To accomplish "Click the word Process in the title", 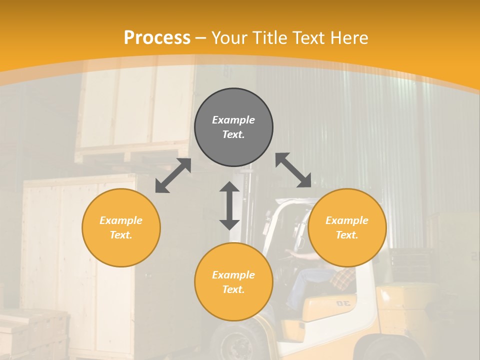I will (157, 38).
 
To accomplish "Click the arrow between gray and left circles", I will (173, 175).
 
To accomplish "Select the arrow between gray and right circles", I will (293, 170).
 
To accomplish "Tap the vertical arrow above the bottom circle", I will (229, 205).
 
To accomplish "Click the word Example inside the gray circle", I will (233, 120).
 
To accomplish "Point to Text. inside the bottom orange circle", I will (233, 289).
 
